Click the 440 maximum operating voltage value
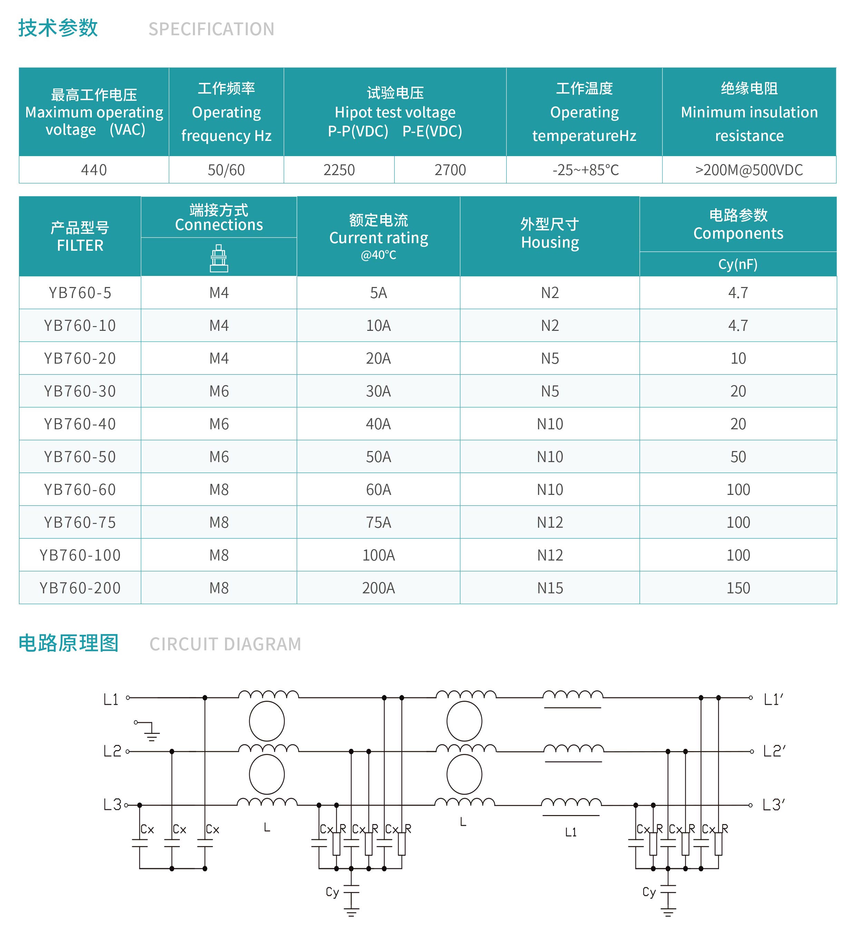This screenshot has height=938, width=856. (94, 170)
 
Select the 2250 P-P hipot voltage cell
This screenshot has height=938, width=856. (339, 170)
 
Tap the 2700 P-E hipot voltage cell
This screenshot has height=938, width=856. (450, 170)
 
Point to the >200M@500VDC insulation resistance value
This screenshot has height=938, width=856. (749, 170)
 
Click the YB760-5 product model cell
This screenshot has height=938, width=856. (80, 293)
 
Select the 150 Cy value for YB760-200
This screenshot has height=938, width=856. (738, 588)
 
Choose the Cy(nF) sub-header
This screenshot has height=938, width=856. (738, 264)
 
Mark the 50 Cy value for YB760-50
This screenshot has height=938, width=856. (738, 457)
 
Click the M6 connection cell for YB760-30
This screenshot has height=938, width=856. (218, 391)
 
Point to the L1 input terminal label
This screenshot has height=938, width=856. (111, 699)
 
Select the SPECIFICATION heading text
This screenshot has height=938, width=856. (211, 29)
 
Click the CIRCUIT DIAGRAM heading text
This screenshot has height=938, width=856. (225, 644)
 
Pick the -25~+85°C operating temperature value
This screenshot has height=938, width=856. (585, 170)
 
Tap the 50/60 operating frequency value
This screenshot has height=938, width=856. (226, 170)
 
